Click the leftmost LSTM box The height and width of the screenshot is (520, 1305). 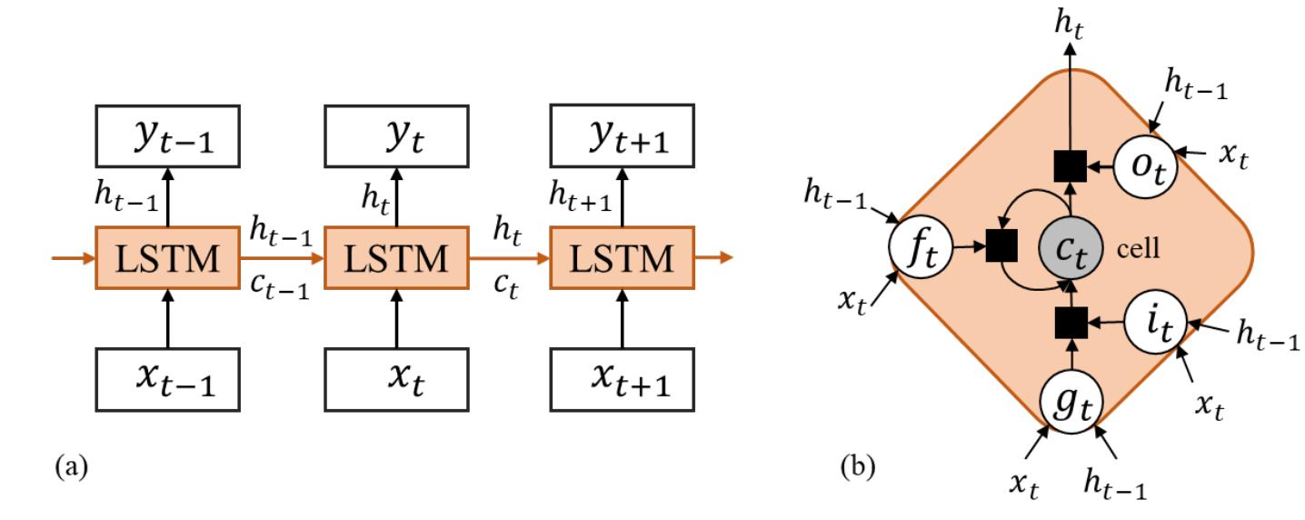click(x=168, y=259)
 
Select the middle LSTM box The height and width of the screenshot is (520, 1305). click(x=396, y=259)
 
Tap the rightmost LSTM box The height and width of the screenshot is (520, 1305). click(x=623, y=259)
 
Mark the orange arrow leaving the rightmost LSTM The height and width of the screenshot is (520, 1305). click(x=712, y=259)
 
